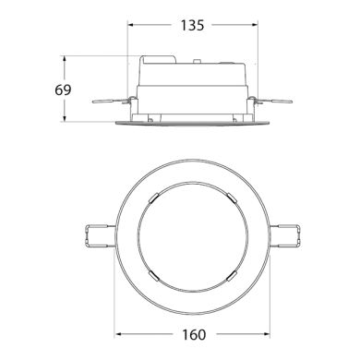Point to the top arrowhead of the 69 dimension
(64, 59)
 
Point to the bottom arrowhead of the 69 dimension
(64, 118)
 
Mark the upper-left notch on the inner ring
(156, 196)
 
